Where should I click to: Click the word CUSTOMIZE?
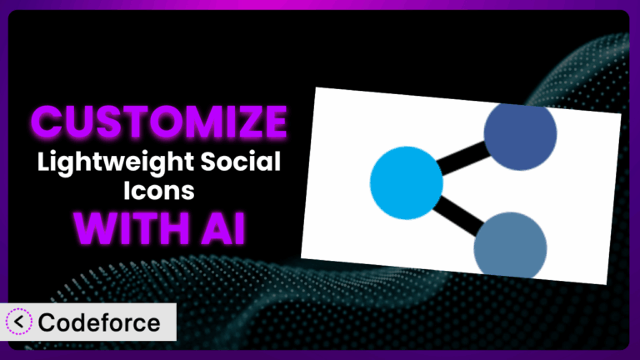159,122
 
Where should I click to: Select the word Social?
240,161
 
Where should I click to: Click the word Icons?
159,190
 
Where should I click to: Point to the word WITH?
131,228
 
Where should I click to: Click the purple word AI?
222,228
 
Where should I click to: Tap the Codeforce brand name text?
99,322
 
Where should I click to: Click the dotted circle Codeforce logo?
19,322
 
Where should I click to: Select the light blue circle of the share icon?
406,182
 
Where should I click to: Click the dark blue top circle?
520,136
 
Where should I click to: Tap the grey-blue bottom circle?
510,246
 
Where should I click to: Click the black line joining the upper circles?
463,158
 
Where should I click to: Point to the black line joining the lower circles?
458,216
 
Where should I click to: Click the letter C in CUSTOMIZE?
48,122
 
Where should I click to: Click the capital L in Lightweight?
45,162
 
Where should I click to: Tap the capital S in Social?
210,162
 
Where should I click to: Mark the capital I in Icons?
127,190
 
